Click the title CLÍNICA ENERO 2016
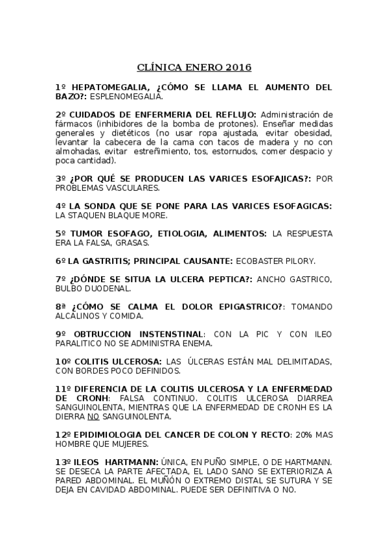pos(194,67)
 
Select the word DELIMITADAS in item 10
pos(299,361)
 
